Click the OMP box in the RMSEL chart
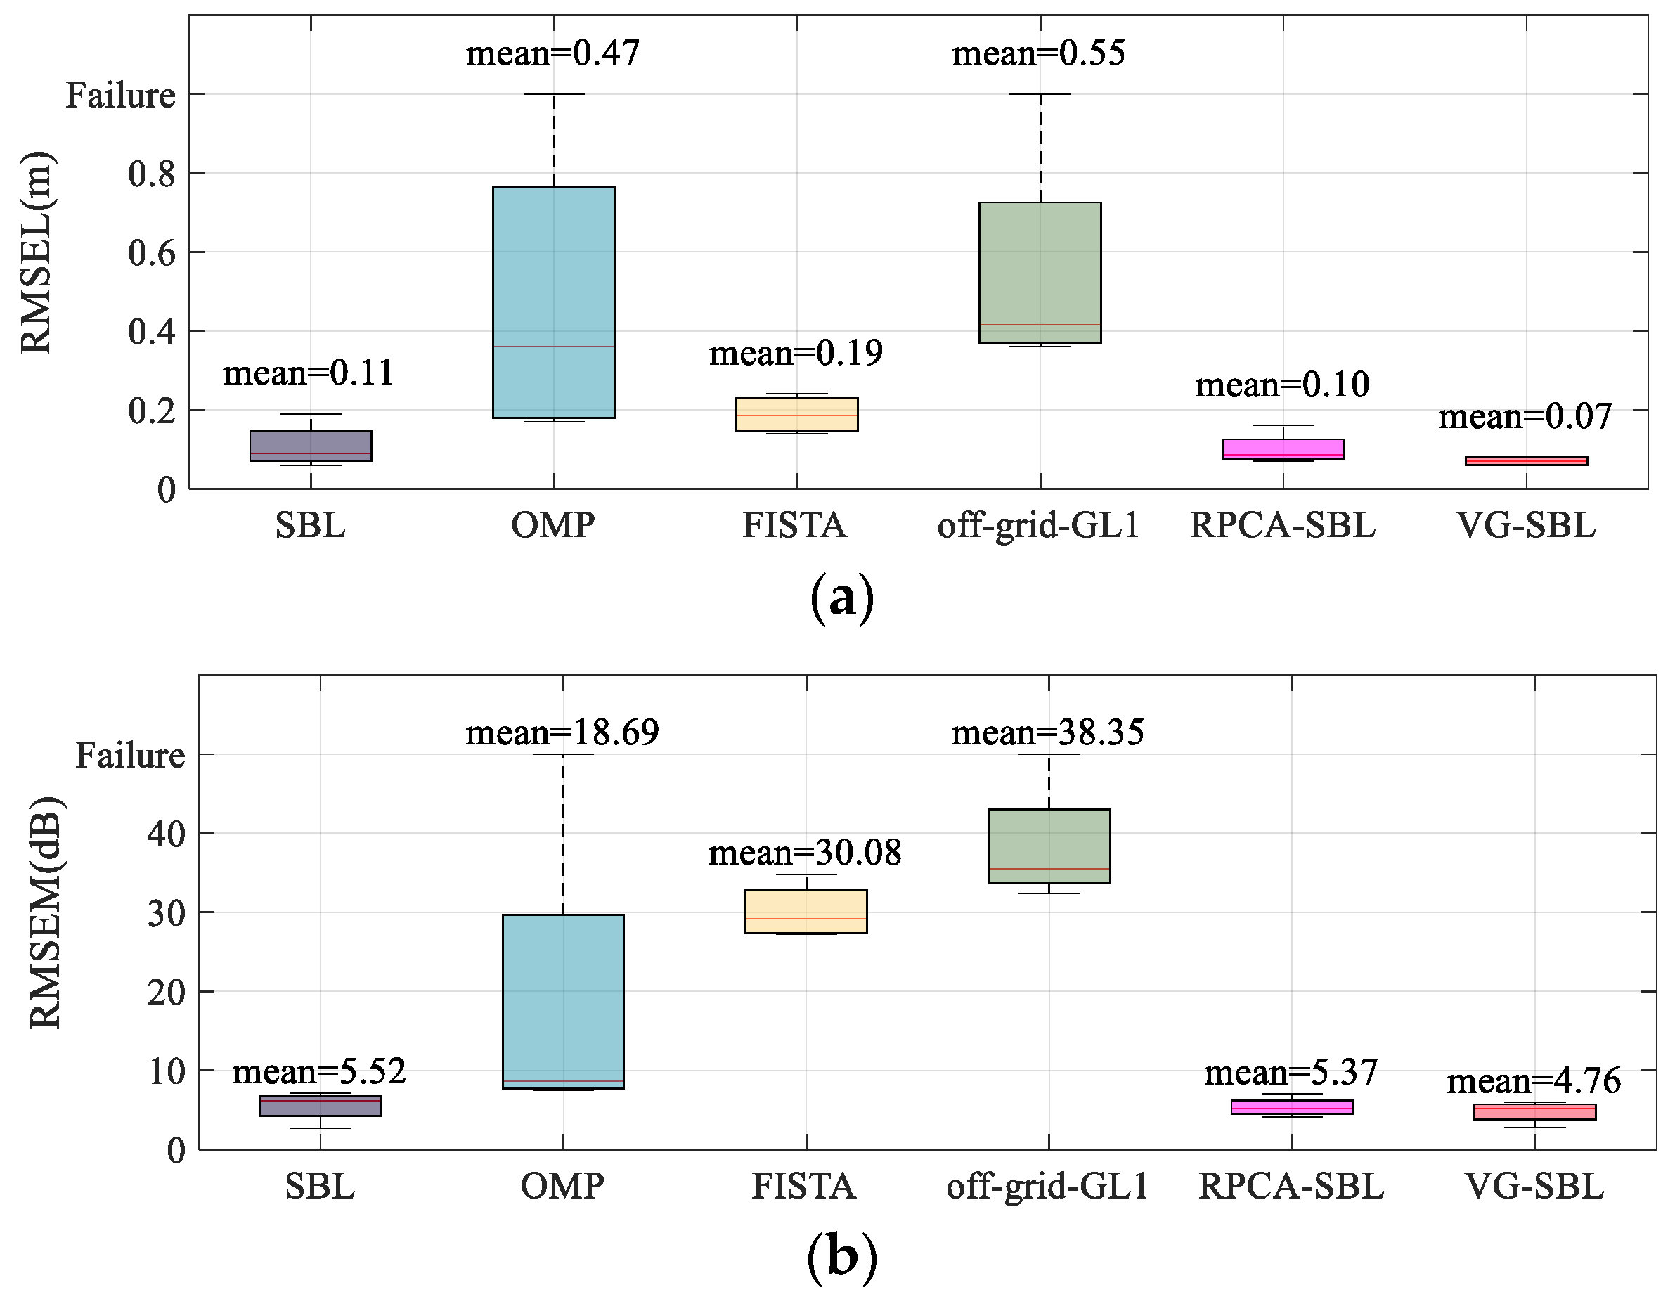(553, 302)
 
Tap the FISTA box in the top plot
(796, 414)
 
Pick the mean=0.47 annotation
(553, 53)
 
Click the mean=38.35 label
(1047, 732)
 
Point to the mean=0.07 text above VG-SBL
(1525, 417)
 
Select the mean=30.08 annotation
(805, 853)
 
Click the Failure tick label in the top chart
(120, 95)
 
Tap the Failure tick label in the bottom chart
(129, 756)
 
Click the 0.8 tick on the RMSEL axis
(151, 174)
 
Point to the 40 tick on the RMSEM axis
(166, 834)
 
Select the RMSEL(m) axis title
(36, 252)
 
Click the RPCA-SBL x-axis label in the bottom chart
(1291, 1187)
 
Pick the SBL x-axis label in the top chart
(310, 525)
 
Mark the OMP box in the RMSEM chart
(563, 1001)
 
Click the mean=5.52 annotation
(319, 1071)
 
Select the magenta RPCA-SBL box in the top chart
(1282, 448)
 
